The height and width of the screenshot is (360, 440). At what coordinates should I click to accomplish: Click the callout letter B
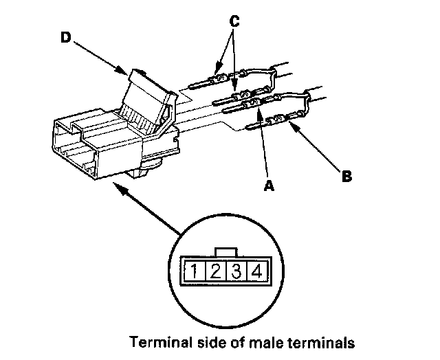[x=346, y=176]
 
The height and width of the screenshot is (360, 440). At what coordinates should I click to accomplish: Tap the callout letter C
[x=234, y=22]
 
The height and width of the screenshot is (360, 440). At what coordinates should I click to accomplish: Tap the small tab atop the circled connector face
[x=225, y=251]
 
